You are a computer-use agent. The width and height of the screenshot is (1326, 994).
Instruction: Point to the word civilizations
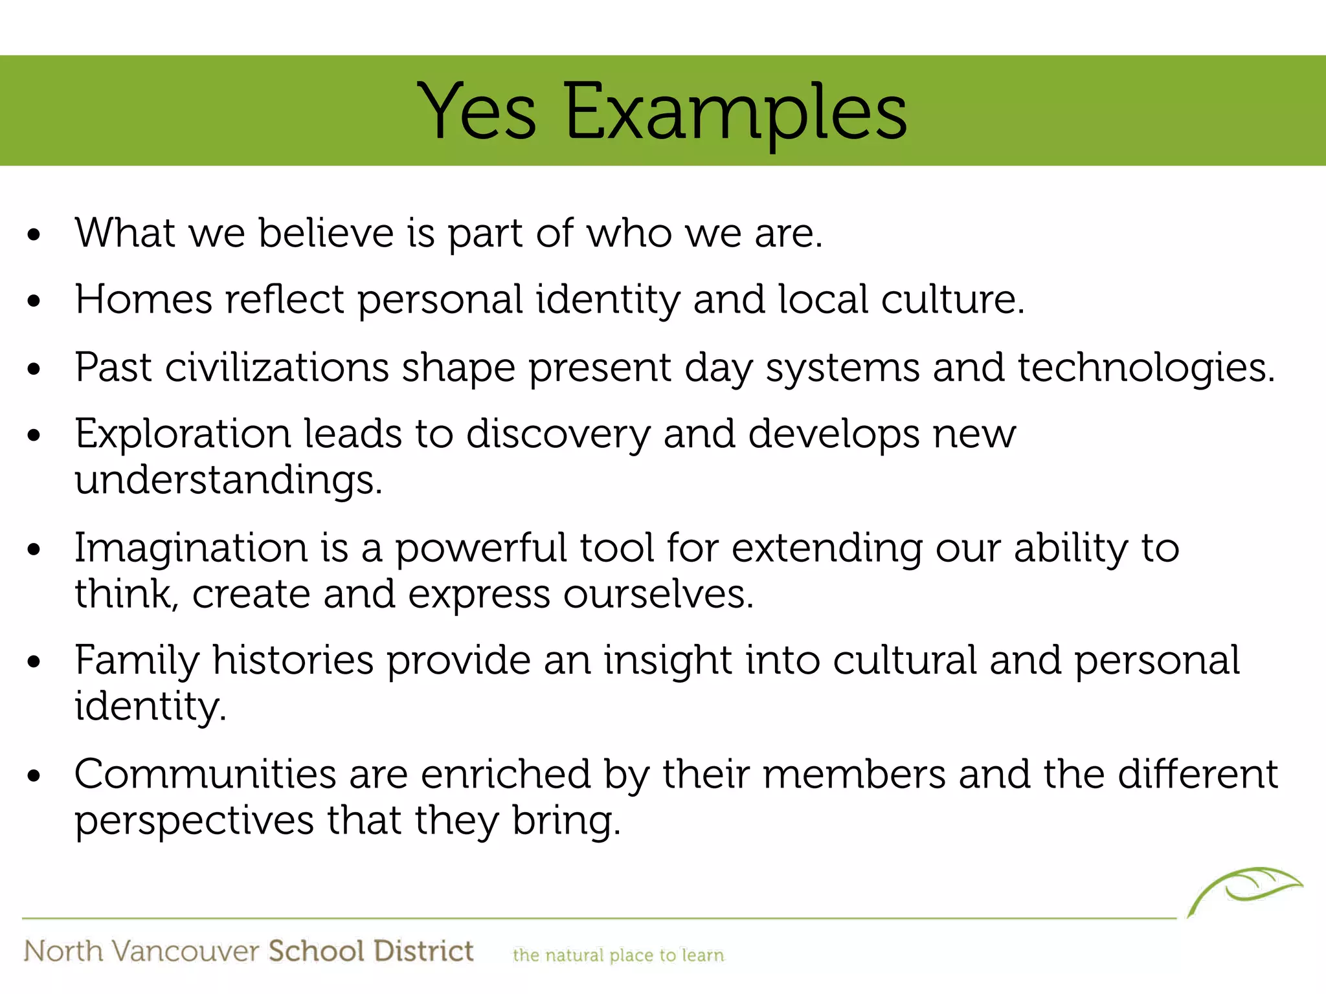[276, 368]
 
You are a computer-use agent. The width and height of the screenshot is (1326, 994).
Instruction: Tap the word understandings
[228, 480]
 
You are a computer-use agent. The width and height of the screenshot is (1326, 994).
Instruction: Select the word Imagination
[191, 548]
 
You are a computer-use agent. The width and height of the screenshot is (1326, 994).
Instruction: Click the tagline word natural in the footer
[574, 955]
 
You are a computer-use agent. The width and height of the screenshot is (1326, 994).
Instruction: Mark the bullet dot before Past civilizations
[34, 369]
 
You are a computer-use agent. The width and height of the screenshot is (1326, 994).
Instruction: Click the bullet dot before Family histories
[34, 662]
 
